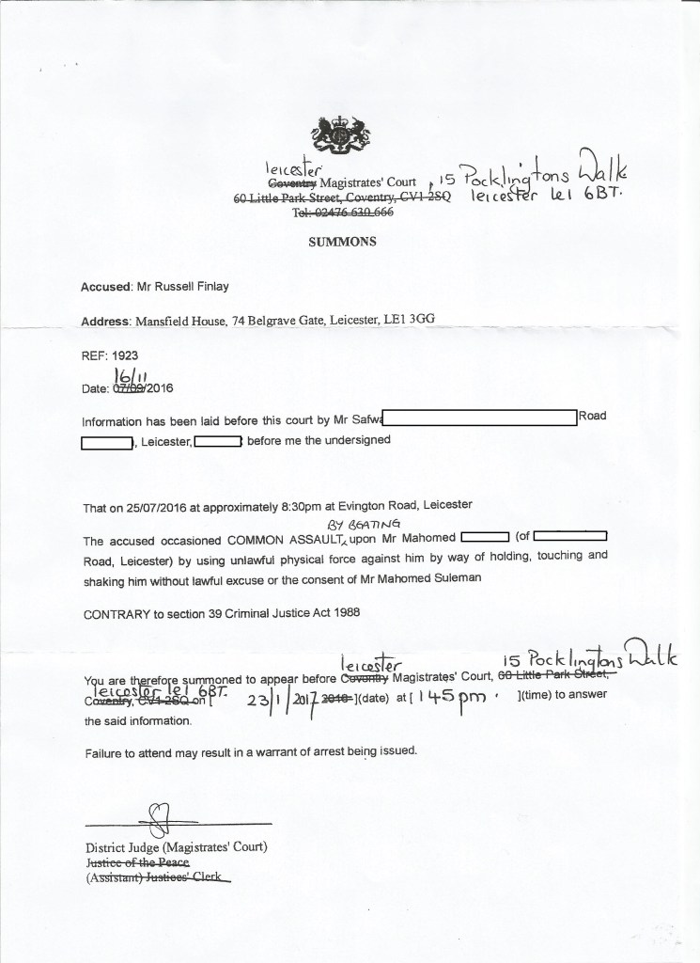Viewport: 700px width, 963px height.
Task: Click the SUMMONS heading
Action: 343,241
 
